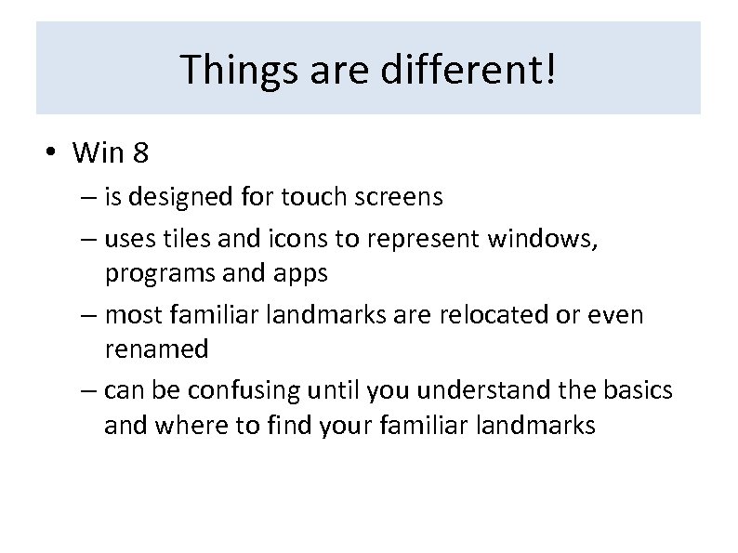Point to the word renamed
(156, 349)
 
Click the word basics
(638, 392)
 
